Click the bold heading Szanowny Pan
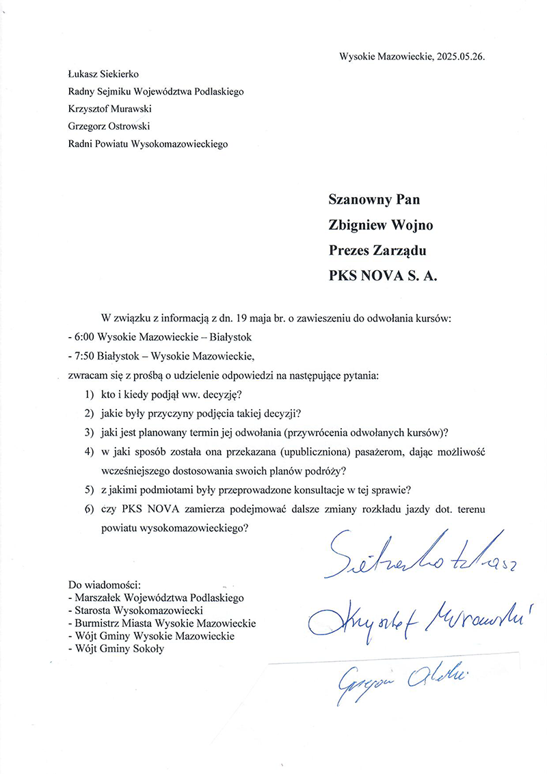pos(374,200)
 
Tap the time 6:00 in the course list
pos(84,338)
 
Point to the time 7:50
pos(84,356)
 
